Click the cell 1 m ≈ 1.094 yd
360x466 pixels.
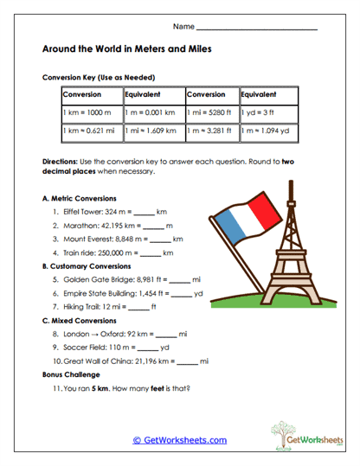coord(264,131)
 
